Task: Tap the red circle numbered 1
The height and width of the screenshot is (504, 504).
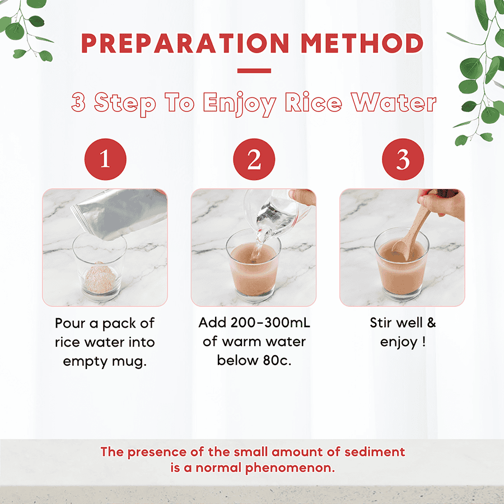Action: pos(105,160)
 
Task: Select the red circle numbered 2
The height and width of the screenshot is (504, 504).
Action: pos(254,160)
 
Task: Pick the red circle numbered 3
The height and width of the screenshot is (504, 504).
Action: pos(403,160)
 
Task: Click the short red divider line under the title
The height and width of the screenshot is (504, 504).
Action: pos(254,71)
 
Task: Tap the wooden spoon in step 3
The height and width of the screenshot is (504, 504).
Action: pos(411,231)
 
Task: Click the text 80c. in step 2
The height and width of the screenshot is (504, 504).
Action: pos(277,360)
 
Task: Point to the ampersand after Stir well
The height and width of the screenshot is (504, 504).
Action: pos(431,323)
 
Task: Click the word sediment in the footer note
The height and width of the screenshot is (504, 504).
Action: pos(375,452)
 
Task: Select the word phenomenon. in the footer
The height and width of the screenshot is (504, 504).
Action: pos(290,468)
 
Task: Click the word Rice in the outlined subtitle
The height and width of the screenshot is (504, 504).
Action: pos(314,102)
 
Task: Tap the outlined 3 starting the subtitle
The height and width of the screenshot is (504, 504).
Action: pos(78,102)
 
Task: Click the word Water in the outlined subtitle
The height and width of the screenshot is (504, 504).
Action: pos(394,102)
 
